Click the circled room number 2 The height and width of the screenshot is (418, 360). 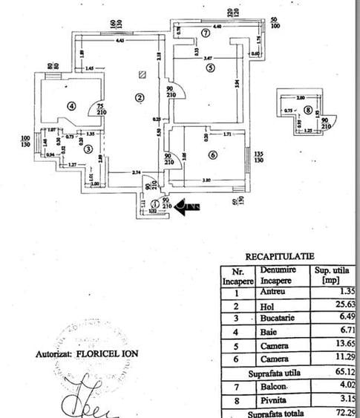139,97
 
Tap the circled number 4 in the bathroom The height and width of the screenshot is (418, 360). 71,105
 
